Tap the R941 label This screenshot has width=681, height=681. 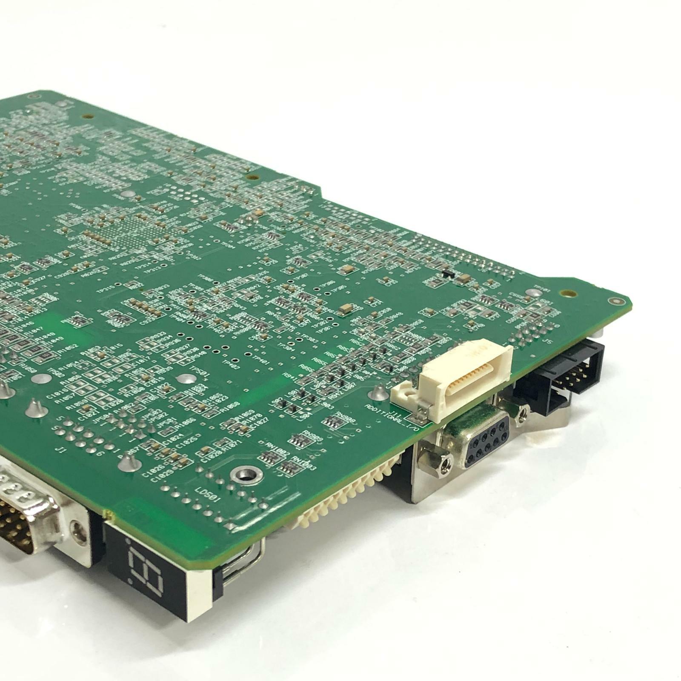coord(292,377)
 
